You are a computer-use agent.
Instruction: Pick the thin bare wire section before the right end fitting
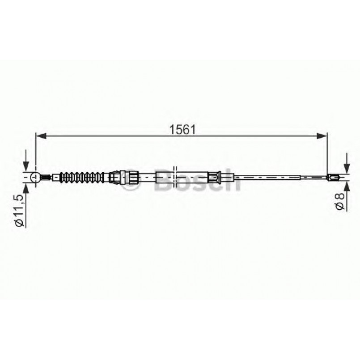point(291,178)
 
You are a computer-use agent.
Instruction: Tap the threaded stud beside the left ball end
point(45,178)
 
